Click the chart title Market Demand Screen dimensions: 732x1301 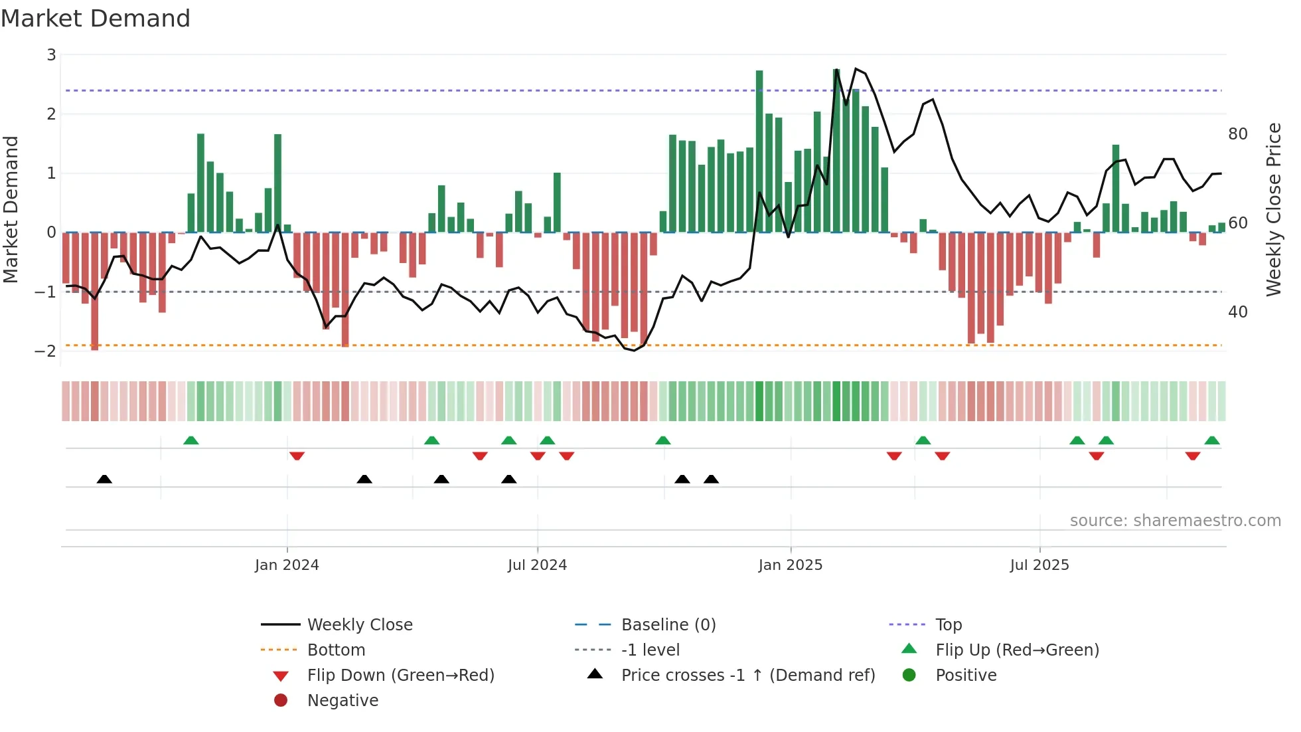pyautogui.click(x=96, y=19)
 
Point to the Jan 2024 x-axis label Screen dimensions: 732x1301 pyautogui.click(x=287, y=565)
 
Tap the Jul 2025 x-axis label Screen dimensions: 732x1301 pyautogui.click(x=1039, y=565)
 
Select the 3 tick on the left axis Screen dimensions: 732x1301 pyautogui.click(x=51, y=55)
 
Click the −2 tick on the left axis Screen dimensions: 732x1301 pyautogui.click(x=46, y=351)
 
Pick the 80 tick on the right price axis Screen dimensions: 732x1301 pyautogui.click(x=1237, y=134)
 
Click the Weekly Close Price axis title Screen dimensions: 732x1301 pyautogui.click(x=1273, y=209)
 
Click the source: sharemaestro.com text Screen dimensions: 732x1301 pyautogui.click(x=1175, y=521)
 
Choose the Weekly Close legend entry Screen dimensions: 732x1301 pyautogui.click(x=359, y=625)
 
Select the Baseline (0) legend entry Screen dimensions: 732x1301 pyautogui.click(x=668, y=625)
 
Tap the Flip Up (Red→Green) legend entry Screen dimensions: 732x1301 pyautogui.click(x=1017, y=650)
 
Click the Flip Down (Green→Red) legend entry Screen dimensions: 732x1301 pyautogui.click(x=400, y=676)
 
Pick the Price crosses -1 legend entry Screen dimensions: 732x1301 pyautogui.click(x=747, y=676)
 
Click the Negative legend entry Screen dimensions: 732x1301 pyautogui.click(x=343, y=701)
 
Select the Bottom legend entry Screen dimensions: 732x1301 pyautogui.click(x=336, y=650)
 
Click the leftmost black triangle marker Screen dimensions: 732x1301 pyautogui.click(x=104, y=480)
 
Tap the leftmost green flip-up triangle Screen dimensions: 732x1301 pyautogui.click(x=191, y=440)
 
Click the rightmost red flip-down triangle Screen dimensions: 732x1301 pyautogui.click(x=1193, y=456)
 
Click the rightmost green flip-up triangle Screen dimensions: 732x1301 pyautogui.click(x=1212, y=440)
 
